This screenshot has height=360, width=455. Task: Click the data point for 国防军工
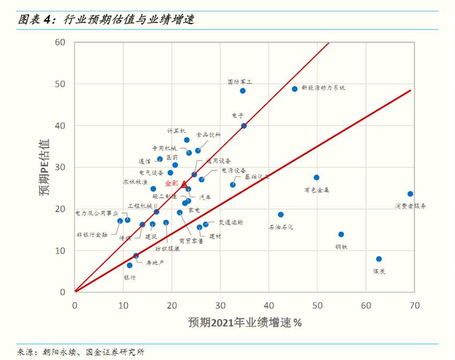(242, 91)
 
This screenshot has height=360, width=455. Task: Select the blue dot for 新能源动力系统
(294, 89)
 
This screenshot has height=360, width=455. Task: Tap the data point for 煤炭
(379, 259)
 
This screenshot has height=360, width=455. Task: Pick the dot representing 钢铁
(341, 234)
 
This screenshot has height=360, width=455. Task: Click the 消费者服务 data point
(410, 194)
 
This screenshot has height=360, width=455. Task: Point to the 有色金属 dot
(316, 178)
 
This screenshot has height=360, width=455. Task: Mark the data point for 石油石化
(280, 215)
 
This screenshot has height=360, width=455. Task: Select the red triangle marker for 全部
(184, 184)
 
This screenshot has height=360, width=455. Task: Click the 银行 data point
(129, 265)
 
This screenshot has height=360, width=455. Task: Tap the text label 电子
(238, 115)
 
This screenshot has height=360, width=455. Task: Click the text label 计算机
(176, 130)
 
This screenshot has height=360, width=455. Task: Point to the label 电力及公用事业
(96, 213)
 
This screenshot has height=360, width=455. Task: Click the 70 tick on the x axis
(414, 304)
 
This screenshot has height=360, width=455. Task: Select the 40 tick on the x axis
(269, 304)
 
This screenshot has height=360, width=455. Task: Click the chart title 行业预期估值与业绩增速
(128, 20)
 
